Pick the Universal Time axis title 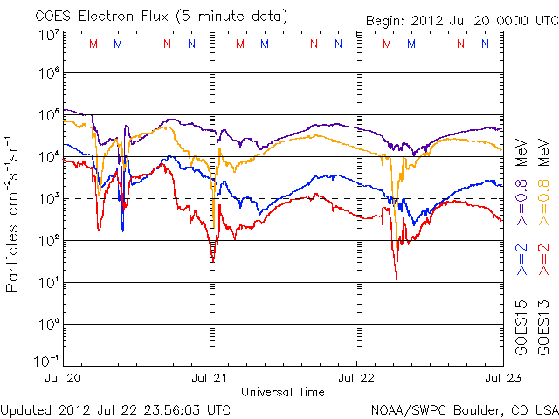(x=283, y=392)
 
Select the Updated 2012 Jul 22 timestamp (x=115, y=409)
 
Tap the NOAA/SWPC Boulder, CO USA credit (x=464, y=409)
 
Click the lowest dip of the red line (x=397, y=278)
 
